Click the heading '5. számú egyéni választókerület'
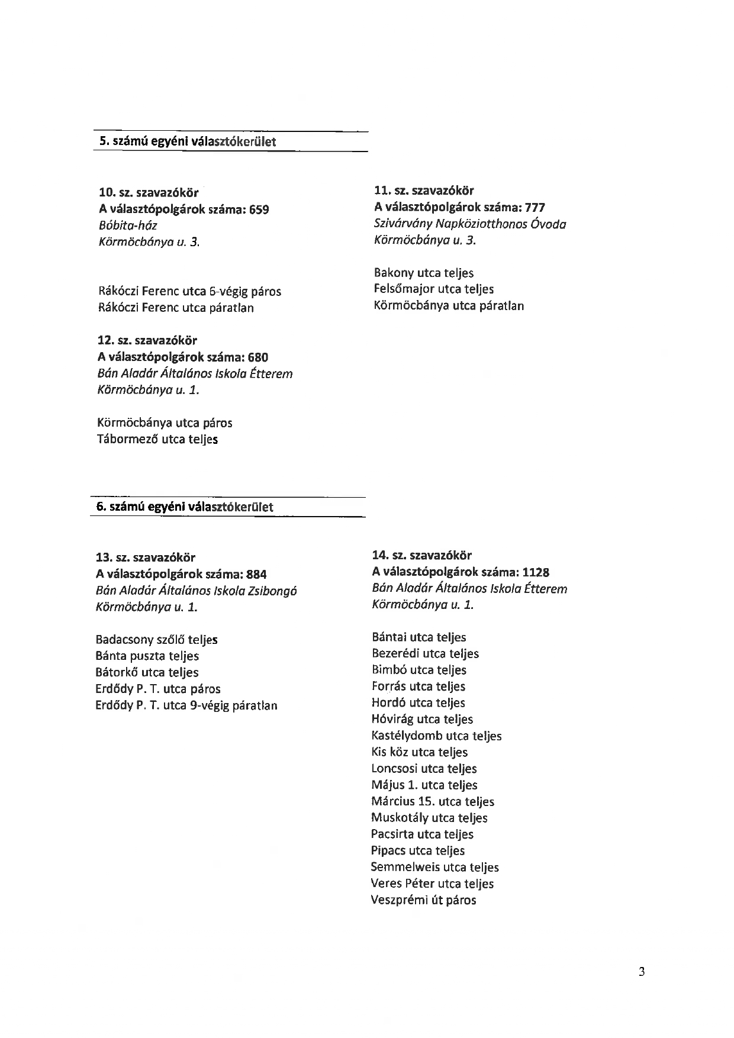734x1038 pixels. pyautogui.click(x=187, y=142)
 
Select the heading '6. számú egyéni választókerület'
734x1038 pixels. pyautogui.click(x=185, y=507)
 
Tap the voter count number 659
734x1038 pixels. pyautogui.click(x=259, y=209)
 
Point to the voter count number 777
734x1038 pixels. pyautogui.click(x=535, y=208)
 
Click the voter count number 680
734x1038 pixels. pyautogui.click(x=258, y=357)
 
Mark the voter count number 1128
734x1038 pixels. pyautogui.click(x=536, y=573)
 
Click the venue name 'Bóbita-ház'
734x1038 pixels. pyautogui.click(x=128, y=225)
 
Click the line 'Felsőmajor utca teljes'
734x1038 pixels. pyautogui.click(x=433, y=289)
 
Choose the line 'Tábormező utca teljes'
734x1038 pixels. pyautogui.click(x=157, y=440)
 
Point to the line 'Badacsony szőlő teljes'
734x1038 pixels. pyautogui.click(x=156, y=640)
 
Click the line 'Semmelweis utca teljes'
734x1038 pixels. pyautogui.click(x=434, y=868)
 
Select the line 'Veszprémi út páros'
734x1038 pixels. pyautogui.click(x=423, y=901)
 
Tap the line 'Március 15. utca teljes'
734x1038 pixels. pyautogui.click(x=432, y=802)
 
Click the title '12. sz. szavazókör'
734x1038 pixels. pyautogui.click(x=147, y=341)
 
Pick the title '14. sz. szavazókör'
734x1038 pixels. pyautogui.click(x=421, y=556)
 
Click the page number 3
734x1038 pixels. pyautogui.click(x=642, y=972)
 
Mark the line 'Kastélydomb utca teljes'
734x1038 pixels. pyautogui.click(x=436, y=736)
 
